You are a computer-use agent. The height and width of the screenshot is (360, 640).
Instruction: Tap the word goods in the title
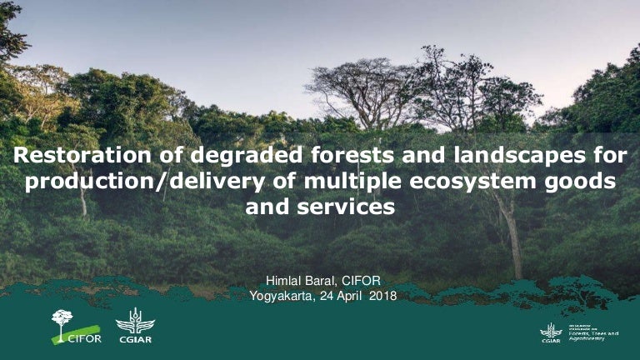pyautogui.click(x=582, y=182)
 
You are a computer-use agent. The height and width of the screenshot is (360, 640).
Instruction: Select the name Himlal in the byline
pyautogui.click(x=282, y=281)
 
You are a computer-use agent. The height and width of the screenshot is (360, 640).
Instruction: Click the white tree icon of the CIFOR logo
pyautogui.click(x=62, y=321)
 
